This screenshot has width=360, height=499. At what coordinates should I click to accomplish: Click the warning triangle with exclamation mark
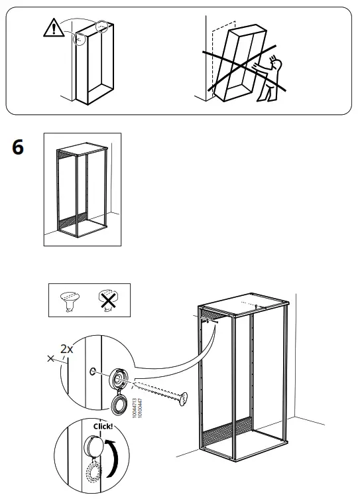(50, 27)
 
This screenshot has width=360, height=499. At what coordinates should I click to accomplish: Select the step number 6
(18, 147)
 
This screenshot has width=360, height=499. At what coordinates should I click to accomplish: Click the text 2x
(67, 349)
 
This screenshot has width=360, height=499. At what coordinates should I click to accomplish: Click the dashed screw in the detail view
(159, 391)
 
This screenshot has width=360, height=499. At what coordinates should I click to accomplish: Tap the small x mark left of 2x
(52, 358)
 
